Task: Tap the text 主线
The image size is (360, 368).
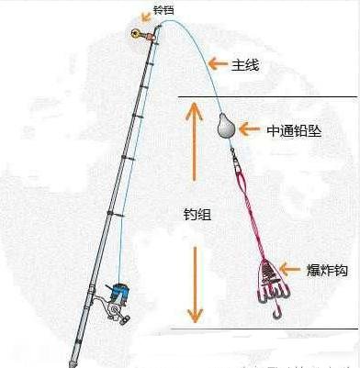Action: pyautogui.click(x=247, y=63)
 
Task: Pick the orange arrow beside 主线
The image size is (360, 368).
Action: pyautogui.click(x=216, y=63)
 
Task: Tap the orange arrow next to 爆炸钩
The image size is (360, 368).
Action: pyautogui.click(x=290, y=269)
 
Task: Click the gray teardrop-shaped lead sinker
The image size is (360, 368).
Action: pyautogui.click(x=223, y=126)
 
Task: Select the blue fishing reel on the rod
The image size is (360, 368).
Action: pyautogui.click(x=117, y=296)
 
